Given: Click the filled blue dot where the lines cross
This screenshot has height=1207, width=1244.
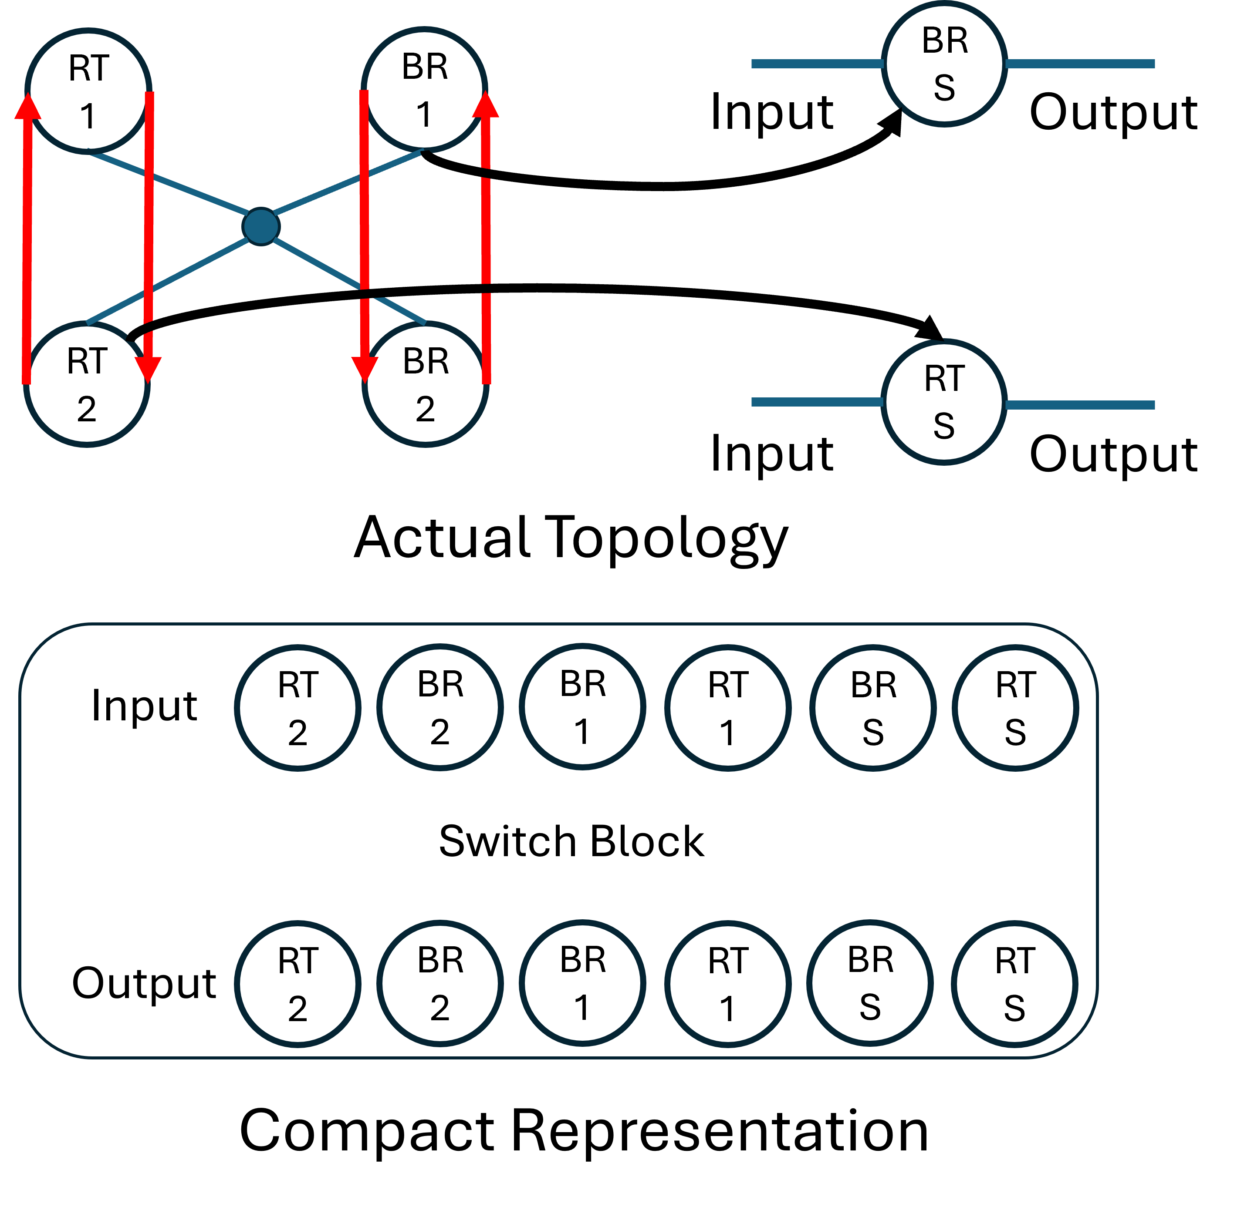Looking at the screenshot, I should (x=261, y=226).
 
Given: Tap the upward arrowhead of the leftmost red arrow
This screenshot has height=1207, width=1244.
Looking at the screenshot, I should (x=28, y=107).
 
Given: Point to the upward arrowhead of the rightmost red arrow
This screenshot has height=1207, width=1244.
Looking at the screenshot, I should (x=486, y=105).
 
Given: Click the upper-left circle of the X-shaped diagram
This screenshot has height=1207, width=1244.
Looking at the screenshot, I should (x=88, y=91).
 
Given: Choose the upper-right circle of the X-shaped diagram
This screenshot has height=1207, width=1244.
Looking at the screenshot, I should (x=425, y=89).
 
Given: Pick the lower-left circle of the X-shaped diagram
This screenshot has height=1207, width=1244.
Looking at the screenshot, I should (x=87, y=384).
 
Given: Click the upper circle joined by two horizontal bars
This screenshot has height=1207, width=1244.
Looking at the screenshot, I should (x=944, y=64).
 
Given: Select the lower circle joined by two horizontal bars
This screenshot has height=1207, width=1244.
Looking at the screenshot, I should (x=944, y=402).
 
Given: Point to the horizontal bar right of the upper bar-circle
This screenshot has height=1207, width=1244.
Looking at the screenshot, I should (x=1080, y=64).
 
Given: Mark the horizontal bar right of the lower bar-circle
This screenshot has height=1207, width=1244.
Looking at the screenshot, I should (x=1080, y=405).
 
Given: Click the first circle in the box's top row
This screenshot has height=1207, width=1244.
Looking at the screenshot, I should (x=297, y=708).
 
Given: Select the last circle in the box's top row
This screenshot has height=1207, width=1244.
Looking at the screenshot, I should (x=1015, y=708).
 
